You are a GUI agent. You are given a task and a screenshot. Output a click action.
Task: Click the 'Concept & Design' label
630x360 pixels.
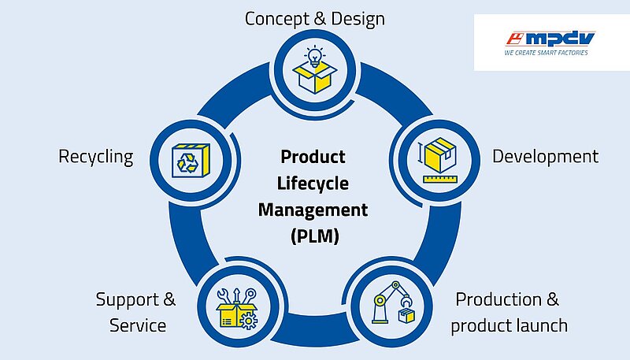[x=314, y=19]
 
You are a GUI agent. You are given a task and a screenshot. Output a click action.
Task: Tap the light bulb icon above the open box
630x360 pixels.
[x=314, y=56]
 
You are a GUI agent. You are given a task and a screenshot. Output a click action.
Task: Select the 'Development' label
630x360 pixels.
[x=545, y=156]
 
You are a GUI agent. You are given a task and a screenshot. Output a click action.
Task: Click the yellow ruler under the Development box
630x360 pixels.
[x=440, y=179]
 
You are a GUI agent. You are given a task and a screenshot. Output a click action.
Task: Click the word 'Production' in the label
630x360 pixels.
[x=498, y=299]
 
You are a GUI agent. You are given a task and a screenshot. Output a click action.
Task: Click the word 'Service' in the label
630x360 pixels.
[x=138, y=325]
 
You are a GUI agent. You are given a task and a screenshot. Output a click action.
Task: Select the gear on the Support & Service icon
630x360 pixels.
[x=248, y=321]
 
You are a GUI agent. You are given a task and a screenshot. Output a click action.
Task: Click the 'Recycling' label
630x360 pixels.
[x=95, y=157]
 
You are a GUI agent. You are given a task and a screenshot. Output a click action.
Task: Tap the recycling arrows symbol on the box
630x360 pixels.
[x=187, y=162]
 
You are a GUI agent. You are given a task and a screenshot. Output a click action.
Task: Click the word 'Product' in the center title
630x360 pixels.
[x=313, y=156]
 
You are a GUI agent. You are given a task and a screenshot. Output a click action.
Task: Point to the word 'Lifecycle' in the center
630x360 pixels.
[x=313, y=184]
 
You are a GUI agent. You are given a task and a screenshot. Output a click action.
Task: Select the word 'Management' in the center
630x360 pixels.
[x=313, y=210]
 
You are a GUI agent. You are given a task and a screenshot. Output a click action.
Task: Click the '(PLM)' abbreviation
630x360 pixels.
[x=315, y=236]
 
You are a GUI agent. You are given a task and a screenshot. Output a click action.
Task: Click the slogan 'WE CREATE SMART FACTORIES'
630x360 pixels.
[x=546, y=53]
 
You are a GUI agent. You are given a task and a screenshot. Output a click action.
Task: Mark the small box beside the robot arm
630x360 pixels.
[x=406, y=315]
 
